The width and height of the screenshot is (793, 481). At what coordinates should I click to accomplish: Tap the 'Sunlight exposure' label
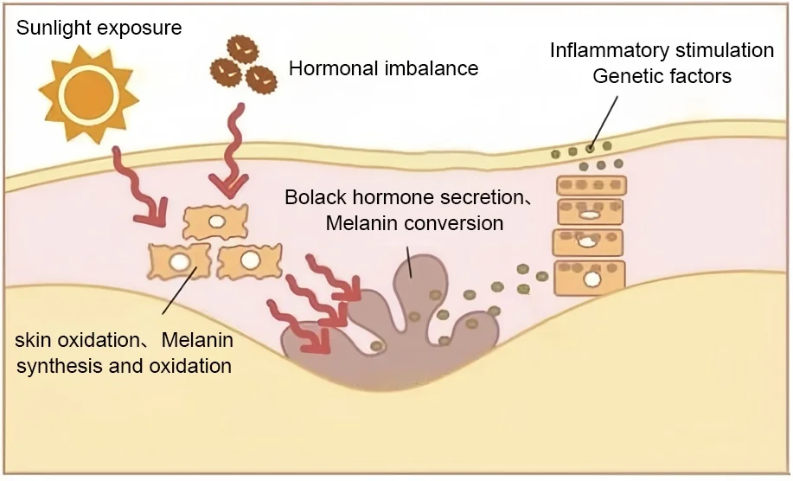tap(99, 28)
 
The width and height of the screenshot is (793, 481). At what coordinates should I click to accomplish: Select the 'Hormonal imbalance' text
tap(383, 68)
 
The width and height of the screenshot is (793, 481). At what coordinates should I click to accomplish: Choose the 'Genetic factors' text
tap(662, 76)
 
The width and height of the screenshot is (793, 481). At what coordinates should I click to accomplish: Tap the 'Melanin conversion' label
tap(414, 223)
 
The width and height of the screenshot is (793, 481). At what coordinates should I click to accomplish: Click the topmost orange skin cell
tap(215, 222)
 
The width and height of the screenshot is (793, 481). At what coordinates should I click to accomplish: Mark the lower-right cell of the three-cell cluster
tap(250, 260)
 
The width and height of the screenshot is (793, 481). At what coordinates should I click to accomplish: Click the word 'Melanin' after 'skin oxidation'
tap(199, 340)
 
